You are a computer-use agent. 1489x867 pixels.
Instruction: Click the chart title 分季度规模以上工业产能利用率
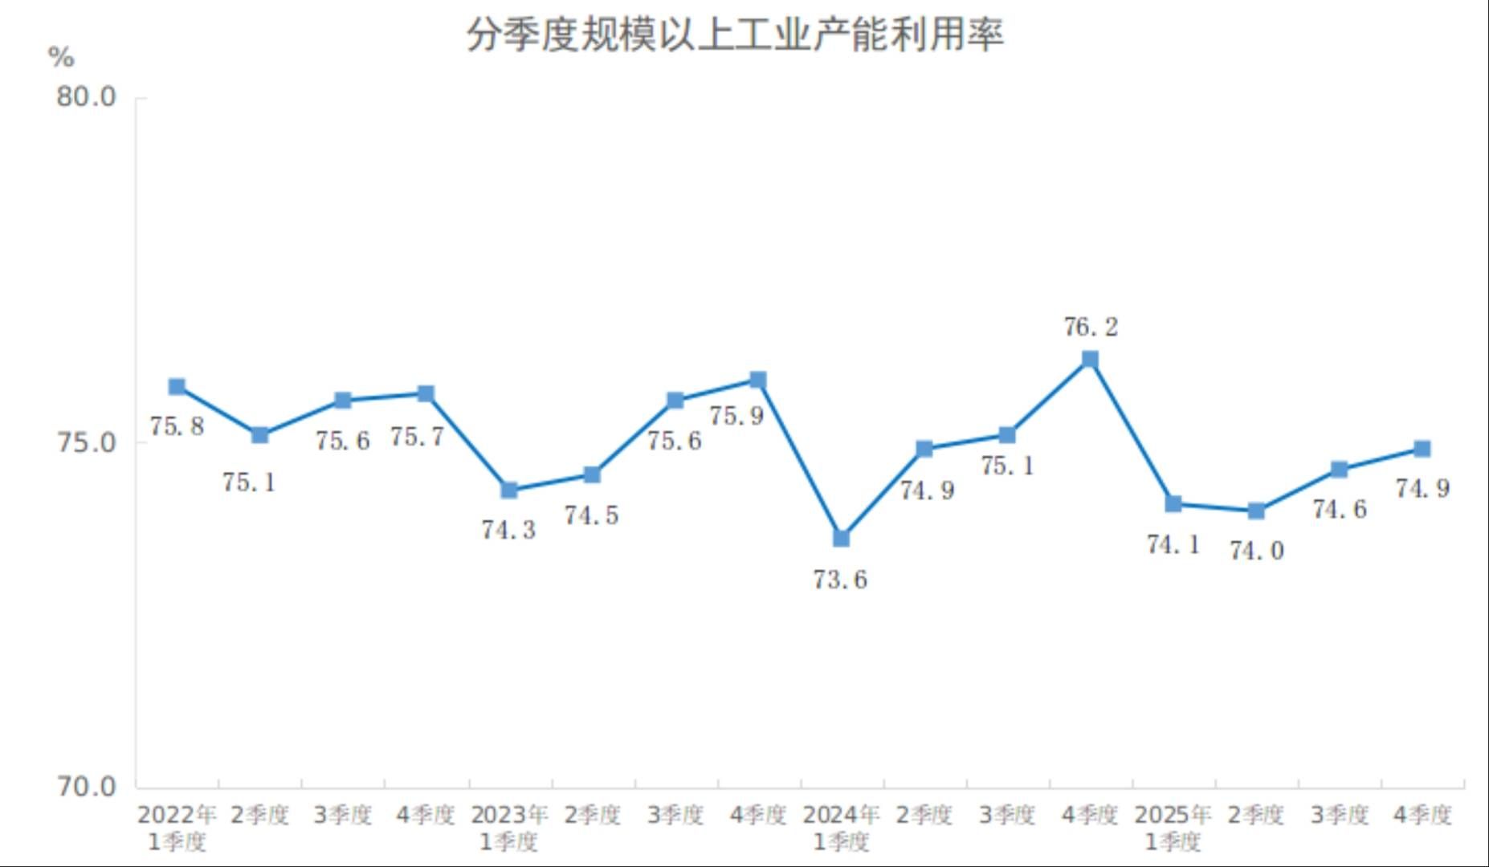(x=735, y=35)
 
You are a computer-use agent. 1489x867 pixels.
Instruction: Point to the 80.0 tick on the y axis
(x=86, y=97)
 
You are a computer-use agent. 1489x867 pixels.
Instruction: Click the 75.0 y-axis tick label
(x=86, y=442)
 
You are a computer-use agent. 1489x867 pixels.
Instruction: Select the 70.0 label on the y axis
(x=86, y=786)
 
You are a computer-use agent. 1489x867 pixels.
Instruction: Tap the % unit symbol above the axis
(x=61, y=58)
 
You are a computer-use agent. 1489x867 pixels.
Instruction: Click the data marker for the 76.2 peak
(x=1090, y=359)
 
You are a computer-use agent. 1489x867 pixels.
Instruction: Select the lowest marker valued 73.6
(x=841, y=538)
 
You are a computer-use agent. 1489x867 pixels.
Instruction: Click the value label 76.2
(x=1090, y=327)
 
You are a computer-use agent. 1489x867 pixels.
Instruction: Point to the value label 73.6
(x=840, y=579)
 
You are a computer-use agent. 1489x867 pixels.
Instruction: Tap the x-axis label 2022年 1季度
(x=177, y=828)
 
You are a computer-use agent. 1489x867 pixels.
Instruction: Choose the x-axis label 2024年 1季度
(x=841, y=828)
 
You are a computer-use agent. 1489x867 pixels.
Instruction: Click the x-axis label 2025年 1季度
(x=1173, y=828)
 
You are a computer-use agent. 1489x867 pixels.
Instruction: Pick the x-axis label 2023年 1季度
(x=508, y=828)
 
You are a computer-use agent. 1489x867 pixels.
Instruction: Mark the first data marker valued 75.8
(x=177, y=387)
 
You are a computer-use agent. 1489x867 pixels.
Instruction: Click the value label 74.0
(x=1256, y=551)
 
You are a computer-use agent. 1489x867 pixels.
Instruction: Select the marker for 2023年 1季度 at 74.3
(x=508, y=490)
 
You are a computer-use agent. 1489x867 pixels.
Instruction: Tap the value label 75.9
(x=736, y=416)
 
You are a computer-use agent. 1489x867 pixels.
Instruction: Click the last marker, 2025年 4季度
(x=1422, y=449)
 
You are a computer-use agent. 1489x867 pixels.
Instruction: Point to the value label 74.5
(x=591, y=515)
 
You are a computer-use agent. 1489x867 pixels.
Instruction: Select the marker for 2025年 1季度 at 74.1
(x=1173, y=503)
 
